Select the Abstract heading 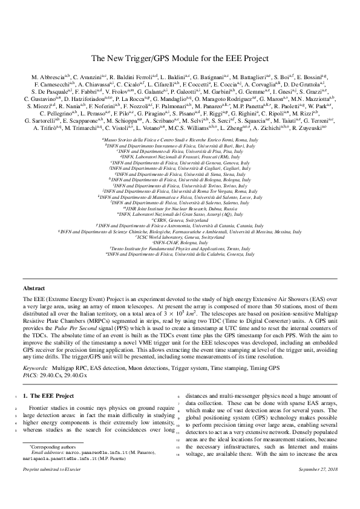click(x=34, y=288)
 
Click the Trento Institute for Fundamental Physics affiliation click(x=180, y=248)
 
